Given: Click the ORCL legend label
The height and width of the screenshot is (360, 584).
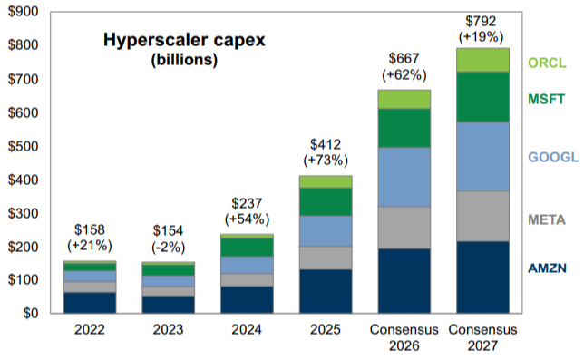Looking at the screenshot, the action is (547, 63).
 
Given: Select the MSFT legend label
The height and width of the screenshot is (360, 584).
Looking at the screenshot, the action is (547, 99).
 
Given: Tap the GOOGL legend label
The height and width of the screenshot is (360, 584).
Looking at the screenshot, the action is (553, 157).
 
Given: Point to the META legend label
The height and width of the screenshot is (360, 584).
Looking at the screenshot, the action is (547, 219).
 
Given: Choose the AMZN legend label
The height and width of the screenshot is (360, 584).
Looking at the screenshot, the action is (547, 268).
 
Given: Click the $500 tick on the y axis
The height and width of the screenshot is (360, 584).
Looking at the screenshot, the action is (23, 146).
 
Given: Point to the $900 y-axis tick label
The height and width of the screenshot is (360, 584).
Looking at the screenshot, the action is (23, 12).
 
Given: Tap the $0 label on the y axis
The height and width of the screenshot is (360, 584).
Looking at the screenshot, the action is (31, 313).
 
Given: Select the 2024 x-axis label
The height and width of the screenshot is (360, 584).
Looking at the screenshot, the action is (247, 329).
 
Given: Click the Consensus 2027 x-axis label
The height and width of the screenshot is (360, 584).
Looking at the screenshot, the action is (482, 337).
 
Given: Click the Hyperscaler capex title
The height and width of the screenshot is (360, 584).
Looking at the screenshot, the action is (184, 40).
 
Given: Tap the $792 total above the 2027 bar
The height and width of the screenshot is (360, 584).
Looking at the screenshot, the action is (481, 21).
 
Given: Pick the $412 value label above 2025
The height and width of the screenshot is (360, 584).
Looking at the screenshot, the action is (326, 144).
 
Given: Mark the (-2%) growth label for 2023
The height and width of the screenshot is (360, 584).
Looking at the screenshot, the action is (168, 248).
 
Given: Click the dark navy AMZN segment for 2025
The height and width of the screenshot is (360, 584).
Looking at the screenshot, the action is (326, 291).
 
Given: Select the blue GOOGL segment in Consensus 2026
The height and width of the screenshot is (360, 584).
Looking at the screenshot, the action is (404, 177).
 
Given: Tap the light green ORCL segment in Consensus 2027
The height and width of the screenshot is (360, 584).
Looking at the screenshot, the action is (482, 60).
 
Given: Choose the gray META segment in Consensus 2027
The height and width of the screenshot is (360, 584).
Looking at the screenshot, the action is (482, 217).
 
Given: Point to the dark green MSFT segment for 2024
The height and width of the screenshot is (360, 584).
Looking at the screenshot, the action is (247, 248).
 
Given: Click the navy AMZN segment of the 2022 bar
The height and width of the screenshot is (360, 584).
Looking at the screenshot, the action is (90, 303).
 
